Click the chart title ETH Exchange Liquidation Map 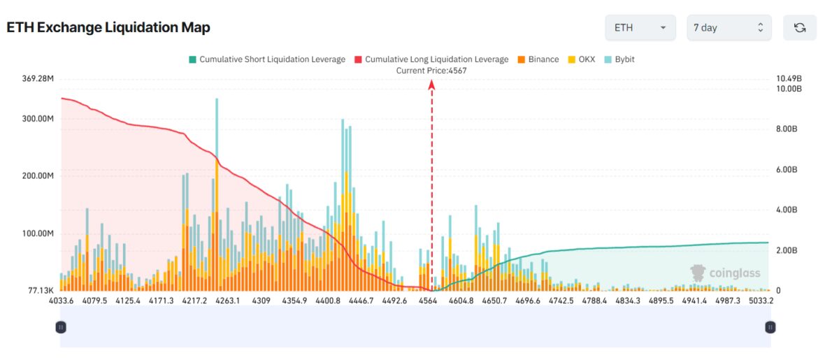[108, 28]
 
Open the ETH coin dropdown [640, 28]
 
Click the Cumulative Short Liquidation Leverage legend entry [266, 59]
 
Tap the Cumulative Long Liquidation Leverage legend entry [431, 59]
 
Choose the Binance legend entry [538, 59]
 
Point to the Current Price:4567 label [431, 71]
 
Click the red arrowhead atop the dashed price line [432, 85]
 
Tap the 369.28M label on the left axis [38, 79]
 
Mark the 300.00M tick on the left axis [38, 119]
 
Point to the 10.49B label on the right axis [788, 78]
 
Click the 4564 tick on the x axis [428, 301]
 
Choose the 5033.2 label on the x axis [759, 301]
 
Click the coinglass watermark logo [724, 273]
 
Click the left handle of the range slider [61, 326]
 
